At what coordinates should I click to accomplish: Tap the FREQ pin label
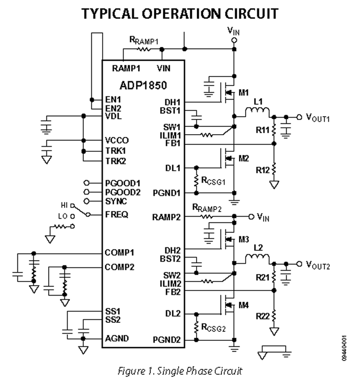tap(116, 214)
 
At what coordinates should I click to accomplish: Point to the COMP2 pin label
tap(120, 267)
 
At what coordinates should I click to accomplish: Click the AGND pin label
tap(116, 337)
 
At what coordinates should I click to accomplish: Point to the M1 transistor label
tap(243, 93)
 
